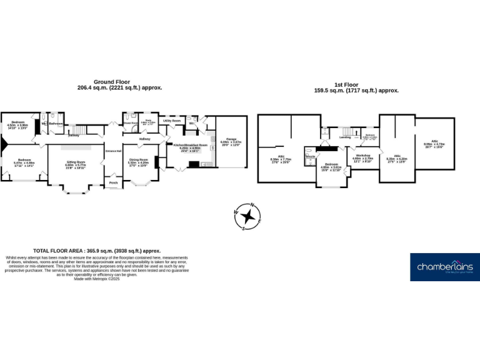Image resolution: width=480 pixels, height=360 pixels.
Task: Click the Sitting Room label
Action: (x=76, y=161)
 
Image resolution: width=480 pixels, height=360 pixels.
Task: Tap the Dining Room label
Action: (x=138, y=159)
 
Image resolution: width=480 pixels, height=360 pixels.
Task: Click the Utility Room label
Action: (x=172, y=120)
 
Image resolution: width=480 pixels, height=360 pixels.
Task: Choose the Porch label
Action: (x=114, y=183)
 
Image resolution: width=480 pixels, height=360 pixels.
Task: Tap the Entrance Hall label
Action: (x=113, y=151)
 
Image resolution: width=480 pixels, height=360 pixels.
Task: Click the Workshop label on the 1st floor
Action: (x=364, y=155)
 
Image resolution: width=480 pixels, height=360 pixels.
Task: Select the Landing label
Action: (x=345, y=137)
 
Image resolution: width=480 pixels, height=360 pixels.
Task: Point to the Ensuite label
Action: (x=310, y=157)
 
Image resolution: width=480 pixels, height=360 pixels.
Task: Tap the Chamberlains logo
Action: (x=444, y=267)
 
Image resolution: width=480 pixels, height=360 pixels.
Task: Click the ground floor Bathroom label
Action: (x=56, y=124)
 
